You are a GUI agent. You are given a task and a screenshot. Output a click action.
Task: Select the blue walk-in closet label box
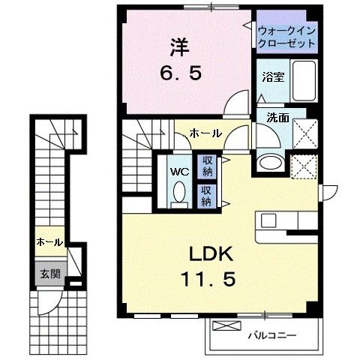(287, 37)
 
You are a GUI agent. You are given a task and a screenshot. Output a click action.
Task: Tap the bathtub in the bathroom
(304, 77)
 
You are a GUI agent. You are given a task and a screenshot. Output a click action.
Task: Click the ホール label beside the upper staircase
(205, 133)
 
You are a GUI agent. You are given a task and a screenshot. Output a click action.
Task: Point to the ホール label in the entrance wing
(49, 242)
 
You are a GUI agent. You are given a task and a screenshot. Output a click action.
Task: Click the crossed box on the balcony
(223, 327)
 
